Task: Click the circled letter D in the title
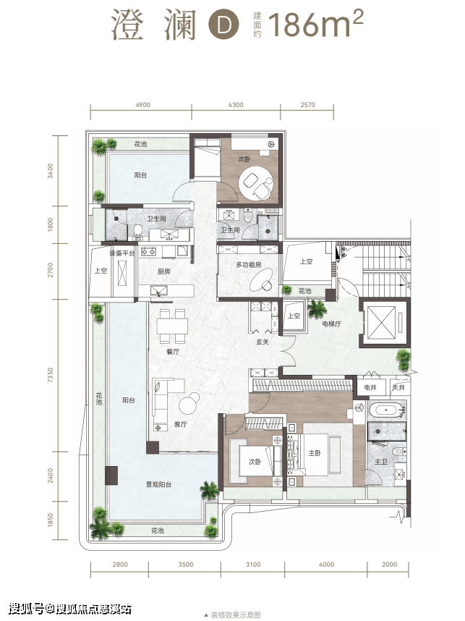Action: click(x=223, y=25)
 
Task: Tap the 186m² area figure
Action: click(x=315, y=24)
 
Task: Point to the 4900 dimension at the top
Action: click(x=143, y=105)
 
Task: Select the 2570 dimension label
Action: click(x=307, y=105)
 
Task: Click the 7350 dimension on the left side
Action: click(x=50, y=375)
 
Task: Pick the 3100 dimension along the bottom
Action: click(x=253, y=565)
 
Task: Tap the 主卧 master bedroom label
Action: click(x=315, y=453)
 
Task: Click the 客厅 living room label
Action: click(x=181, y=424)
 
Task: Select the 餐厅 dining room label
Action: click(x=173, y=351)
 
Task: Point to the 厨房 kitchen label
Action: click(x=164, y=271)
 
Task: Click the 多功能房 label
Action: click(x=249, y=265)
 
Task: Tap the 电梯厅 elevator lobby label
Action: click(x=332, y=324)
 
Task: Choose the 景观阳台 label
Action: click(x=158, y=484)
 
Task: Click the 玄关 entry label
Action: click(x=263, y=342)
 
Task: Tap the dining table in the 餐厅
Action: click(x=172, y=326)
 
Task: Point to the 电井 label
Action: click(x=370, y=387)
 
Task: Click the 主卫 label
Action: click(x=380, y=462)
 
